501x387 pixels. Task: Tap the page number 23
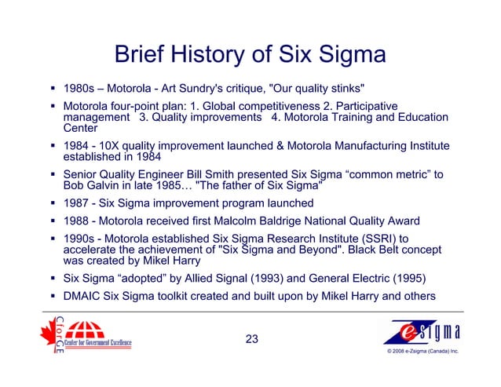click(251, 339)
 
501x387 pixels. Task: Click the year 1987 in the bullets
click(76, 203)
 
